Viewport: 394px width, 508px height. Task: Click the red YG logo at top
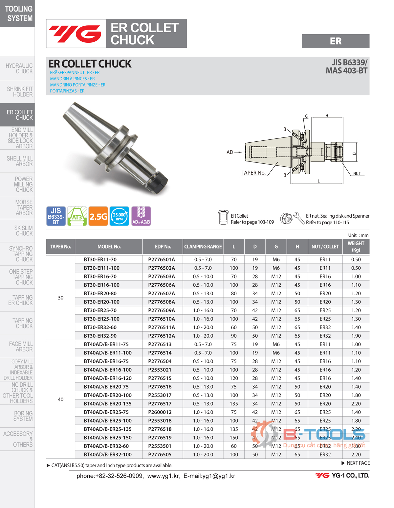click(x=76, y=34)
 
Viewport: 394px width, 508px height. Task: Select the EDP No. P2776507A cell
click(x=161, y=293)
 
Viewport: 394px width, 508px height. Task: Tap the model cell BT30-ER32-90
click(x=100, y=336)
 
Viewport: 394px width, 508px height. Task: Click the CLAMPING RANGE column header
click(x=203, y=247)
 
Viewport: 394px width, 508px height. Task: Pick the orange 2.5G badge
click(x=98, y=216)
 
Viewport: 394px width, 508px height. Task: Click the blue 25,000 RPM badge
click(x=119, y=216)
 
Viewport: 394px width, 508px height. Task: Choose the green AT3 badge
click(x=77, y=216)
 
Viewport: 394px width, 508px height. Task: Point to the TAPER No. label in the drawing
click(x=253, y=173)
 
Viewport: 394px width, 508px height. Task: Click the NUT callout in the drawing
click(x=357, y=174)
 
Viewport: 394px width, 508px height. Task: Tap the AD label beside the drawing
click(x=230, y=152)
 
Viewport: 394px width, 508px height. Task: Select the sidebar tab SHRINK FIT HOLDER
click(x=20, y=92)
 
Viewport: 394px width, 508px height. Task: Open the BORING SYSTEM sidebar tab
click(x=23, y=416)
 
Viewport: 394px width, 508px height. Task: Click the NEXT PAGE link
click(x=356, y=463)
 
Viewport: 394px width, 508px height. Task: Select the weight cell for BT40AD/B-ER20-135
click(x=356, y=403)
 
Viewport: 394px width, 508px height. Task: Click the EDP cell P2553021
click(x=160, y=370)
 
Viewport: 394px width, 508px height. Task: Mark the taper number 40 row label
click(x=61, y=399)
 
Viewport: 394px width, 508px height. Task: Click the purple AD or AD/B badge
click(x=141, y=216)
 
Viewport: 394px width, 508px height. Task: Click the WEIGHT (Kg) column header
click(x=356, y=247)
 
